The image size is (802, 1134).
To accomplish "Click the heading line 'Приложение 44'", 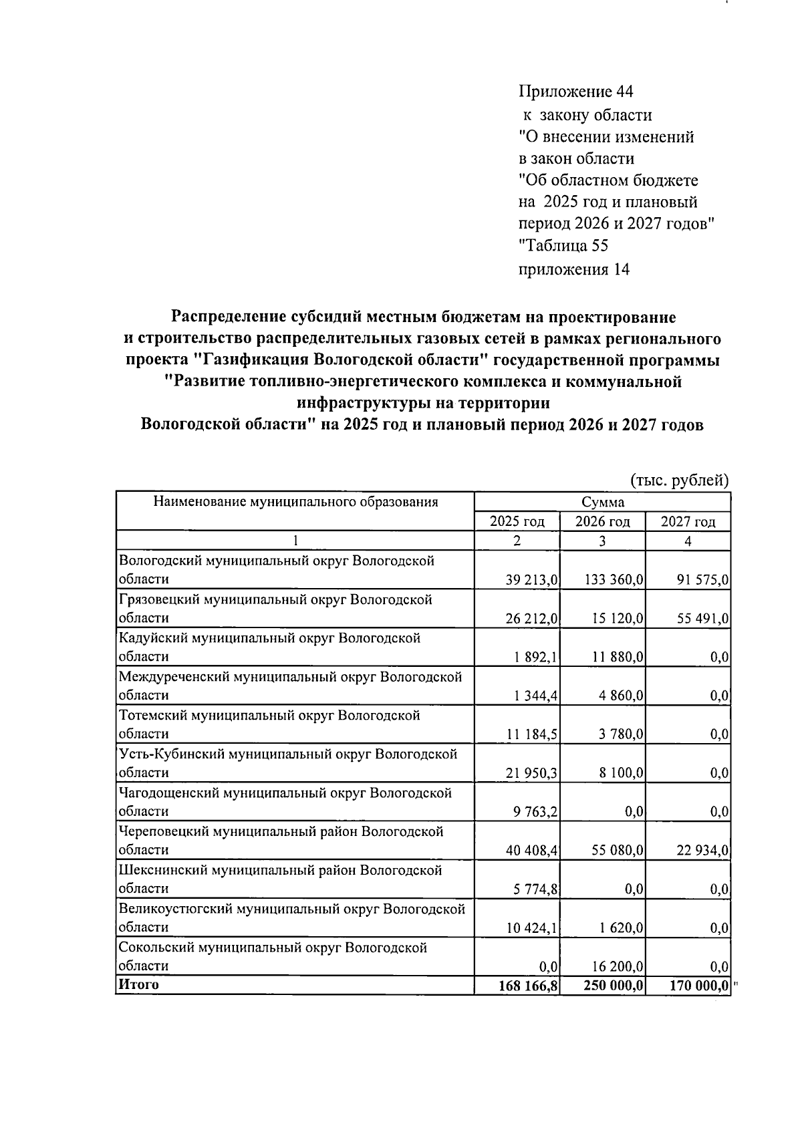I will pos(575,91).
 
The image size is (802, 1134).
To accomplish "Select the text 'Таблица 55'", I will pos(565,246).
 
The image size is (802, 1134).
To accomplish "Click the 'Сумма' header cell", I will pos(602,502).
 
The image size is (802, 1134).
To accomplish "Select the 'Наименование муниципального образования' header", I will pos(295,502).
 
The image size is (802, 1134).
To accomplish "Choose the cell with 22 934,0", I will pos(702,851).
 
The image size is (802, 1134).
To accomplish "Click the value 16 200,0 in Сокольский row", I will pos(618,966).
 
